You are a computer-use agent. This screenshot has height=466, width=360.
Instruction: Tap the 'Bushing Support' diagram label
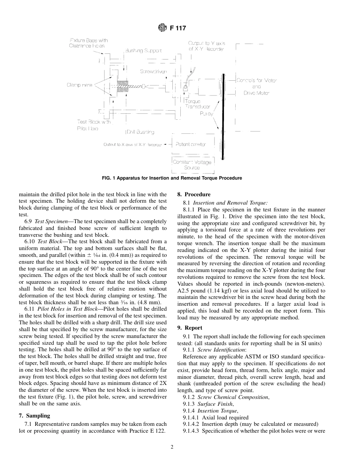tap(143, 50)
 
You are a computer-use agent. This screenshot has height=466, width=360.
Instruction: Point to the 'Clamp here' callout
tap(79, 85)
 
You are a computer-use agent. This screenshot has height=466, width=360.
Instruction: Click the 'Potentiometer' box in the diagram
tap(191, 144)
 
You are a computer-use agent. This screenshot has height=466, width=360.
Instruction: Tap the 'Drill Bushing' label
tap(140, 132)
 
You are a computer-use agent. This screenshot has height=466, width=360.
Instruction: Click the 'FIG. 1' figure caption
tap(172, 178)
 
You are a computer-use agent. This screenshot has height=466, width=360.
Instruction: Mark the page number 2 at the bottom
tap(172, 447)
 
